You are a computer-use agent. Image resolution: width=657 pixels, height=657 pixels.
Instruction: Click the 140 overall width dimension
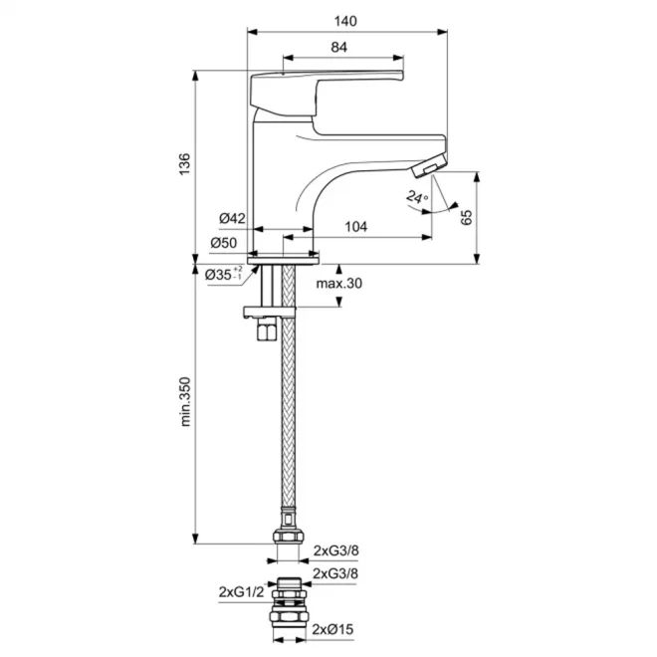coord(345,21)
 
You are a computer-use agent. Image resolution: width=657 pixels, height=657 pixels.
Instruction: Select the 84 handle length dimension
coord(339,47)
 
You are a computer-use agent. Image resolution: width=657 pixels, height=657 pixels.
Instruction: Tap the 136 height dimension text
coord(184,164)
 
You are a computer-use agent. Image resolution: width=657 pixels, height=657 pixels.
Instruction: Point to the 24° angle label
coord(417,197)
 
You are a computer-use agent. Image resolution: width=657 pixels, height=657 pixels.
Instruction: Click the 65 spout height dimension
coord(466,217)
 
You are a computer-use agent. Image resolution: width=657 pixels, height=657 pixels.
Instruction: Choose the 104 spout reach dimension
coord(355,227)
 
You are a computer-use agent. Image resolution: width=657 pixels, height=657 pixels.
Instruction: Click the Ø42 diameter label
coord(232,218)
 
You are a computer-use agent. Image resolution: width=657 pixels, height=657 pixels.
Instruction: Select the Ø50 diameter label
coord(224,243)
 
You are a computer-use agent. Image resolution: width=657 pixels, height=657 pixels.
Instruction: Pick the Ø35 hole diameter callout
coord(224,275)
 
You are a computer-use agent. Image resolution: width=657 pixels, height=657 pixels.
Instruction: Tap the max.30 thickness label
coord(339,284)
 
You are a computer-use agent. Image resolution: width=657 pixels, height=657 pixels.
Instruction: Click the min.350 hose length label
coord(185,402)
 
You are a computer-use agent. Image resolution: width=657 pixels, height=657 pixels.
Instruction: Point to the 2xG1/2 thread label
coord(241,592)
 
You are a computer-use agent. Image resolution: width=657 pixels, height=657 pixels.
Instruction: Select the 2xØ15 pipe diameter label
coord(332,629)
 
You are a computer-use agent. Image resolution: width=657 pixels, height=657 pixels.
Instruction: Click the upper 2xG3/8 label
coord(336,550)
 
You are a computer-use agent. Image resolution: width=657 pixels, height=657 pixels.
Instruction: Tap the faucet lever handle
coord(327,94)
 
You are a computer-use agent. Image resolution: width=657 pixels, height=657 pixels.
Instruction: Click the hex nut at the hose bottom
coord(289,536)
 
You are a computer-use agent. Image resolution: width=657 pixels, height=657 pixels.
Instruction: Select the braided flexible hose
coord(289,389)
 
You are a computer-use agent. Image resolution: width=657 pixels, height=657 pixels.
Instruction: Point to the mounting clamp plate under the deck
coord(270,313)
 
